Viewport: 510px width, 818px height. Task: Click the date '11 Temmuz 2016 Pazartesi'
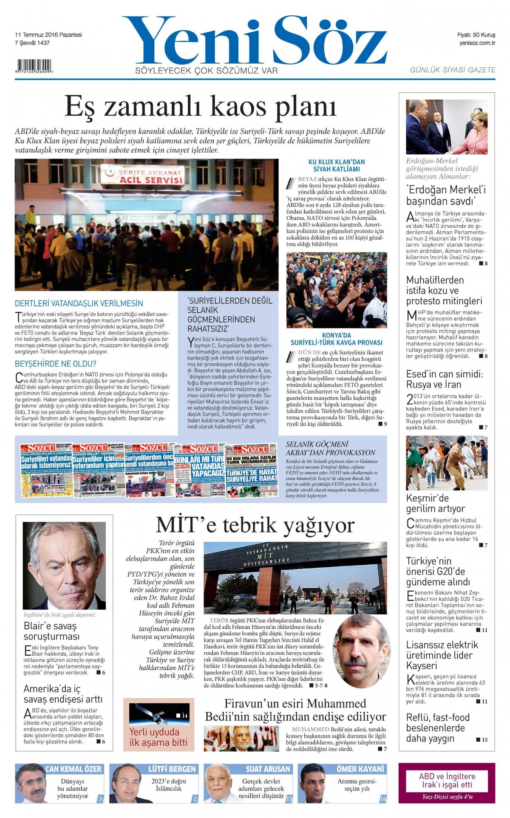(x=48, y=35)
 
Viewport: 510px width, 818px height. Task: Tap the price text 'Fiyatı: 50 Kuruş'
(x=476, y=35)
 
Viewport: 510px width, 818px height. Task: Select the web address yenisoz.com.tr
(x=477, y=43)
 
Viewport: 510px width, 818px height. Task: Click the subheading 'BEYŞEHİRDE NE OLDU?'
(x=56, y=364)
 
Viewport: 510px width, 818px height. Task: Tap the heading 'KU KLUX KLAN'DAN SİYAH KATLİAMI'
(x=336, y=165)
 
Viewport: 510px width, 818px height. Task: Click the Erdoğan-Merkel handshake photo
(x=446, y=127)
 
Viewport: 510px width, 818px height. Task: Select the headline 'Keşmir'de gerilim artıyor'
(x=435, y=503)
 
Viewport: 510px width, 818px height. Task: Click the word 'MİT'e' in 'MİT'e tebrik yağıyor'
(x=186, y=525)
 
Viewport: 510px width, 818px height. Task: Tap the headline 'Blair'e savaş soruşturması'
(x=51, y=631)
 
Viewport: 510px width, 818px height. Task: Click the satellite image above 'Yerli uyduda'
(x=158, y=714)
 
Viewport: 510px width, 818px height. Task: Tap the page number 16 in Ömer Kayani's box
(x=382, y=799)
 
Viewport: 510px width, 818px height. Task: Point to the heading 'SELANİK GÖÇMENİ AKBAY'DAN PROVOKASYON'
(x=330, y=448)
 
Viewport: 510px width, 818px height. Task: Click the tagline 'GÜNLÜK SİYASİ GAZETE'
(x=452, y=70)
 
